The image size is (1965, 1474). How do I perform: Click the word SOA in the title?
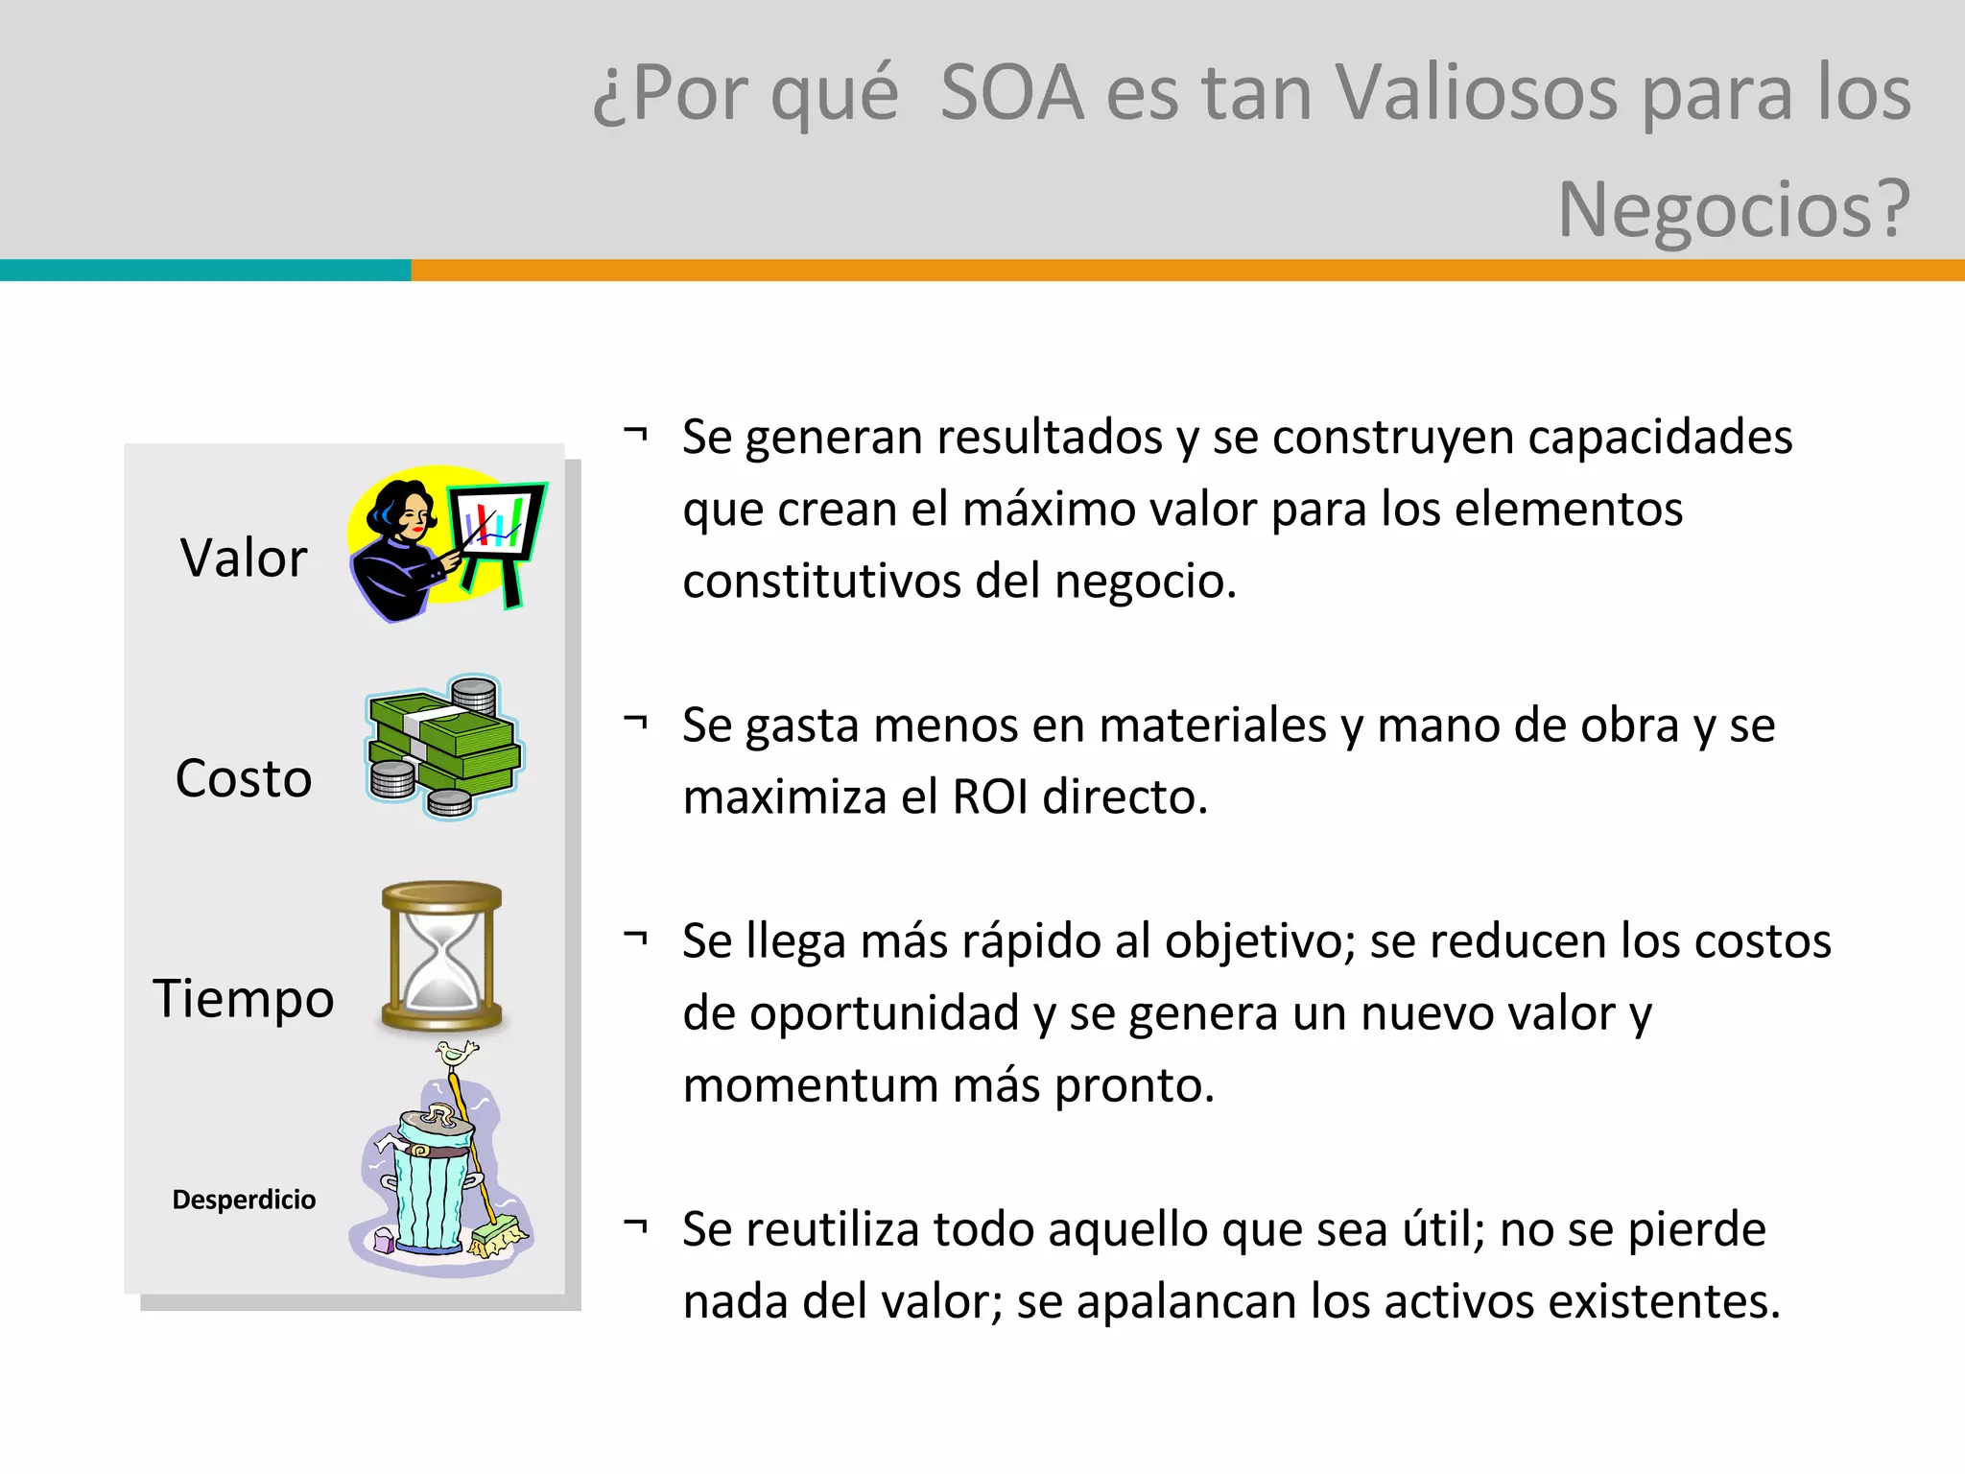[1011, 93]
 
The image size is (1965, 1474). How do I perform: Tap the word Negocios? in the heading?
[1734, 209]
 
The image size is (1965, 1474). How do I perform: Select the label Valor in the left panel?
[244, 558]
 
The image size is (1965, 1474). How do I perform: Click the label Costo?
[244, 777]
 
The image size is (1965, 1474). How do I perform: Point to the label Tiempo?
[244, 998]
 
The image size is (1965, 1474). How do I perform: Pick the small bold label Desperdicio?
[244, 1200]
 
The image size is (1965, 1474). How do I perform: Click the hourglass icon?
[442, 957]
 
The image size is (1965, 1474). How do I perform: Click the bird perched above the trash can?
[457, 1054]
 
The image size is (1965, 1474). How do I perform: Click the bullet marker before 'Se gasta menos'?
[635, 723]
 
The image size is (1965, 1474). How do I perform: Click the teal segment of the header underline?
[205, 271]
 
